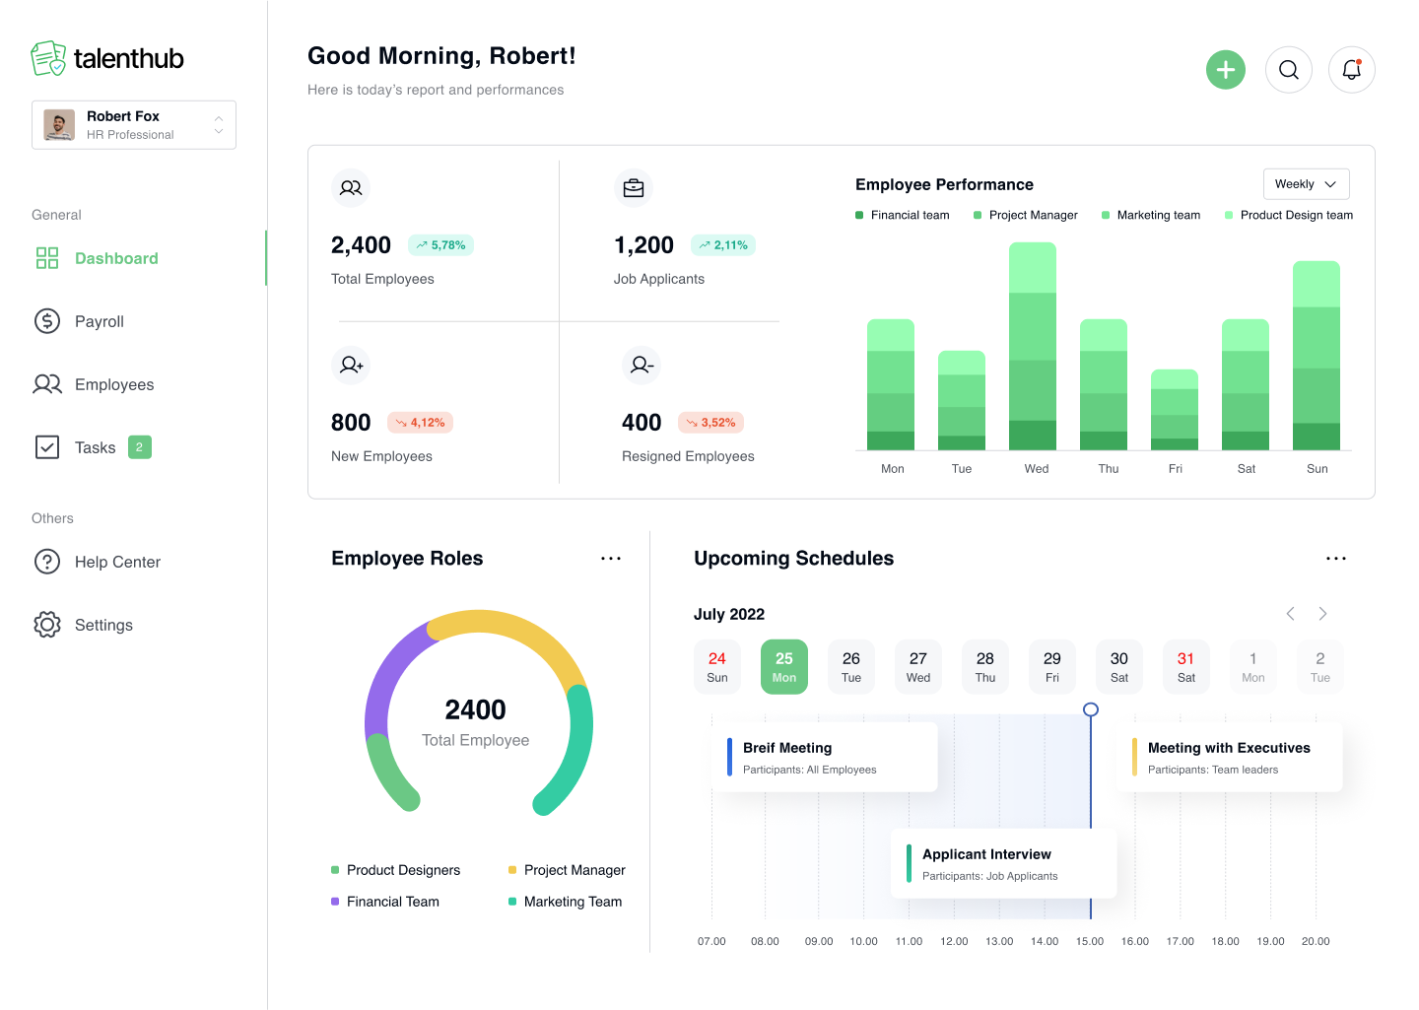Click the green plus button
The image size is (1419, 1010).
pos(1226,70)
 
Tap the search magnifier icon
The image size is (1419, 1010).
pos(1289,70)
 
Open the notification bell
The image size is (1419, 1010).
pos(1352,70)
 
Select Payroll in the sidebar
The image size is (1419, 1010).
pos(99,321)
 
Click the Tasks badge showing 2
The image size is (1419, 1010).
pos(139,447)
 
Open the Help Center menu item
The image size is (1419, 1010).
pos(117,562)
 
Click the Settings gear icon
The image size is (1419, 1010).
pos(47,625)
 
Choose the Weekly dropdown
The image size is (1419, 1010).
pos(1306,184)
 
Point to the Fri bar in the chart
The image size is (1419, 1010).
pos(1175,410)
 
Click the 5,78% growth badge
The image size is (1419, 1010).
pos(440,245)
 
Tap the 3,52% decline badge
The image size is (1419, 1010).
pos(710,423)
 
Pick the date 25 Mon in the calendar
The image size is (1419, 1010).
pos(784,667)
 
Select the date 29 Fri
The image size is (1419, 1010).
pos(1052,667)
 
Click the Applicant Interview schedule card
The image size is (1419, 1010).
pos(1003,863)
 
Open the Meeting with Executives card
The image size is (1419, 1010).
pos(1230,758)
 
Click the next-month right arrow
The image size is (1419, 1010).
pos(1322,614)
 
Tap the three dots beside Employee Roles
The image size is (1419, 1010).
pos(611,559)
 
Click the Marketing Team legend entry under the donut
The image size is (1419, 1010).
pos(573,902)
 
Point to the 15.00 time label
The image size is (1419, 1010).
pos(1090,941)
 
